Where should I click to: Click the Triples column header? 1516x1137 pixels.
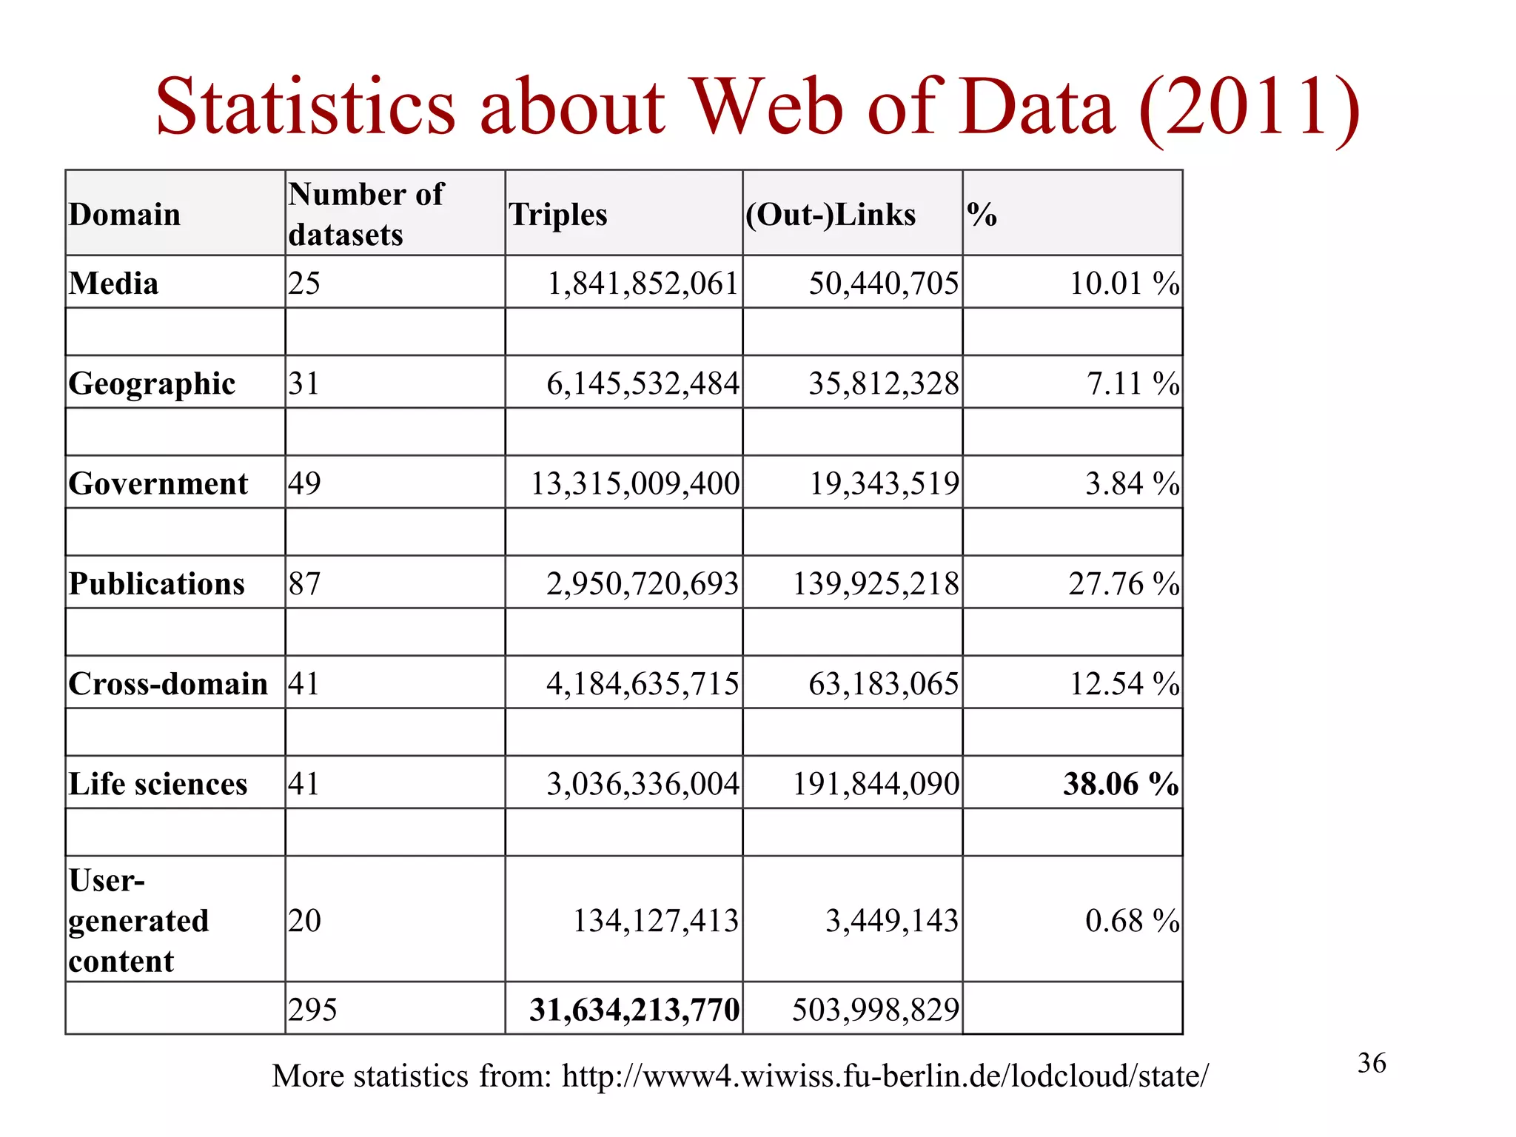pos(558,215)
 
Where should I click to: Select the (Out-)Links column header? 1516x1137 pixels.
pos(831,215)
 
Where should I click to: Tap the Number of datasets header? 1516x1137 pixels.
pos(366,214)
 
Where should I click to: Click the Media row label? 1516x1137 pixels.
pos(113,284)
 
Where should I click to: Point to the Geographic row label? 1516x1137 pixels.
pos(152,383)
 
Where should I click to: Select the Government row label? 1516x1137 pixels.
pos(158,483)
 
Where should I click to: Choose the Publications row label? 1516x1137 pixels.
pos(156,583)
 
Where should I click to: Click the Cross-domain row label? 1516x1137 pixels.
pos(168,683)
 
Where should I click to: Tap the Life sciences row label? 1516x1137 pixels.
pos(158,784)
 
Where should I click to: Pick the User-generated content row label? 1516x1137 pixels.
pos(138,921)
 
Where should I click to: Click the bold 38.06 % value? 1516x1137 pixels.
pos(1121,784)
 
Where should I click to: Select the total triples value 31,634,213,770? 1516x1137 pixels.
pos(634,1010)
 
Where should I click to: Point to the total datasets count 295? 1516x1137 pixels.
pos(312,1010)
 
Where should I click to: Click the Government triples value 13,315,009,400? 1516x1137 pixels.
pos(635,483)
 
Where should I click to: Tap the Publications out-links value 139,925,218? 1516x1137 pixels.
pos(876,583)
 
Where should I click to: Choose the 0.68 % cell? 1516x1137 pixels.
pos(1132,921)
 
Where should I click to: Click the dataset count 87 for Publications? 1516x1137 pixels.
pos(304,583)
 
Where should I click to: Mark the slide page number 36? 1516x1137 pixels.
pos(1372,1063)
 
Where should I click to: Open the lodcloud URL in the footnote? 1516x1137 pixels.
pos(885,1076)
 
